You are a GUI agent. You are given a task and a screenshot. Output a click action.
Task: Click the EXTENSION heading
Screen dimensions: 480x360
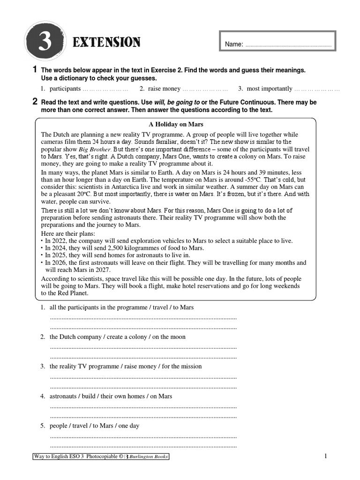click(x=106, y=43)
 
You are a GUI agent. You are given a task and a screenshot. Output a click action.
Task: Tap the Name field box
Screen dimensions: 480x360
click(x=277, y=42)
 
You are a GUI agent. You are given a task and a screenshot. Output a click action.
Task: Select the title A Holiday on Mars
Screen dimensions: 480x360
click(x=175, y=125)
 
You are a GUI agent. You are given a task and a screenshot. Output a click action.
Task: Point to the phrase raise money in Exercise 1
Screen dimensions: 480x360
click(x=164, y=88)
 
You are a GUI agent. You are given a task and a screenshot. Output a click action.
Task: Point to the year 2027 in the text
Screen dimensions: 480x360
click(x=101, y=270)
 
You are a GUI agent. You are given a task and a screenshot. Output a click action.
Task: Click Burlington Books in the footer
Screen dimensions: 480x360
click(x=149, y=457)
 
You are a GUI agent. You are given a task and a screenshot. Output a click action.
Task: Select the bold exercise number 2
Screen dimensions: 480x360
click(x=35, y=101)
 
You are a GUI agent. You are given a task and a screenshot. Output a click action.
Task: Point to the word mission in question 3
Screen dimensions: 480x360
click(x=190, y=366)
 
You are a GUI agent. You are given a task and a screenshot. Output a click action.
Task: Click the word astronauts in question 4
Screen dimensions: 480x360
click(x=64, y=396)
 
